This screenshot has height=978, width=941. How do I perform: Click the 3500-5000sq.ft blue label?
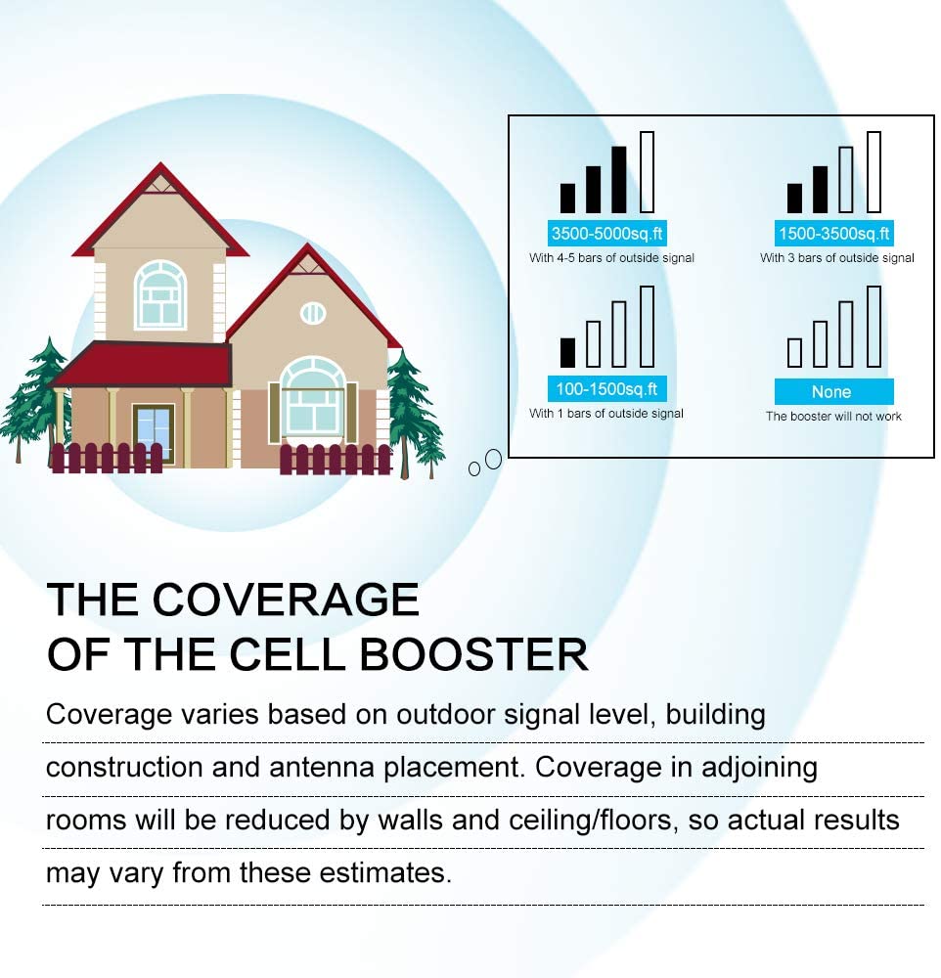pos(606,234)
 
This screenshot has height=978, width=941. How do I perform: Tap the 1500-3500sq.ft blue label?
pos(833,234)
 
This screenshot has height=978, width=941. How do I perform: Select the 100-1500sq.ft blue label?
pos(606,388)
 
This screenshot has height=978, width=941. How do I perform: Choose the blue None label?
pos(833,391)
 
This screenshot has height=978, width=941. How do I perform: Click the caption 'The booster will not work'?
pos(833,416)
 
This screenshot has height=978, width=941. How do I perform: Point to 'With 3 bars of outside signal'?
pos(836,257)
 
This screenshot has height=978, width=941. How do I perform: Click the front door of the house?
pos(154,432)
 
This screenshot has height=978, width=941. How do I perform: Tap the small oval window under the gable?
pos(313,313)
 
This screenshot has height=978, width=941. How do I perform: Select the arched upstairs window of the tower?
pos(160,294)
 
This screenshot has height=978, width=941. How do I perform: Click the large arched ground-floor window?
pos(313,395)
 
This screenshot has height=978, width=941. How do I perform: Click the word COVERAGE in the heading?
pos(286,600)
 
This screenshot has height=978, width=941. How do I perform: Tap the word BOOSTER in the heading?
pos(473,654)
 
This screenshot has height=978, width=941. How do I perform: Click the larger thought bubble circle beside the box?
pos(493,459)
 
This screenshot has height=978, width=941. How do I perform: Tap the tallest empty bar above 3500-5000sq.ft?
pos(648,172)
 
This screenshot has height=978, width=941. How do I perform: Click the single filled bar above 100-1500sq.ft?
pos(568,352)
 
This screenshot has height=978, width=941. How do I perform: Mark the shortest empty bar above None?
pos(794,352)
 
